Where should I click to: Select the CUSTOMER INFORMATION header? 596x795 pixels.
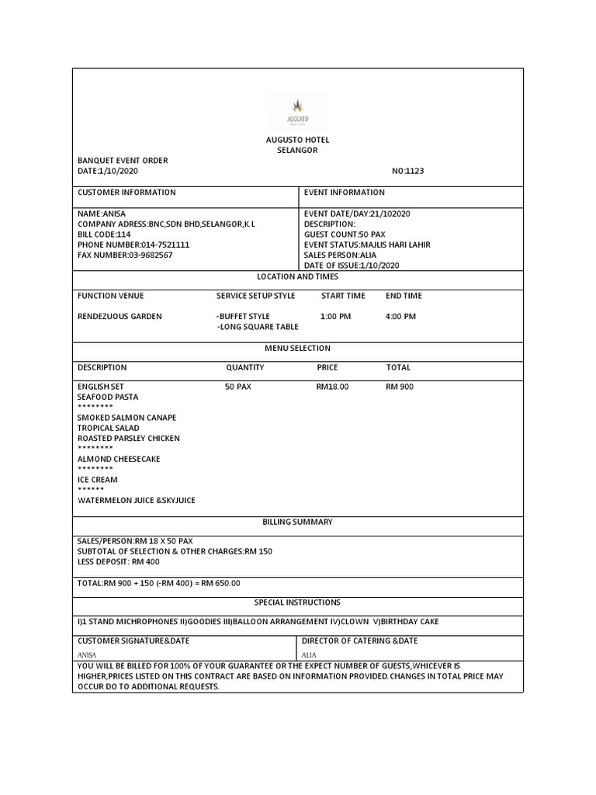126,193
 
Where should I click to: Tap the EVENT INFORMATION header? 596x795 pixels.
344,193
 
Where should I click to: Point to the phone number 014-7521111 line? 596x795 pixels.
133,245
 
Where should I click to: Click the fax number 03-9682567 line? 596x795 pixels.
125,255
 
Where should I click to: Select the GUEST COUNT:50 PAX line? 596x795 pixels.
345,234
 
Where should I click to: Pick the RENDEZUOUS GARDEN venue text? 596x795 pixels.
120,317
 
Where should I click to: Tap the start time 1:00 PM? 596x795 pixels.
335,317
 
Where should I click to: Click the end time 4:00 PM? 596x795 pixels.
400,317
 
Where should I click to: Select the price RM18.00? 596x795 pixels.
332,387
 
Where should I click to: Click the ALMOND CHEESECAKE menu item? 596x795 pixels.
119,459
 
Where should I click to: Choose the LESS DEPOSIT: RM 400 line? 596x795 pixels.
120,561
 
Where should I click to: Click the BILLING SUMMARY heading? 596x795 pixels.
297,522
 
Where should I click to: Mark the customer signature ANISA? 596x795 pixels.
88,654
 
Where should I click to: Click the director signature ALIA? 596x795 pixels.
310,654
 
